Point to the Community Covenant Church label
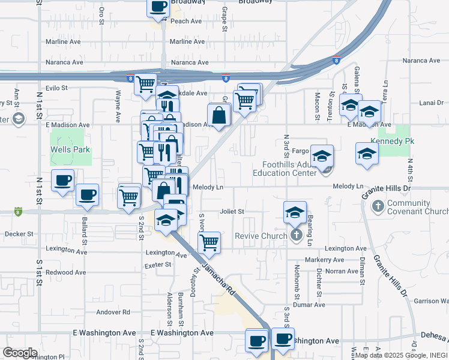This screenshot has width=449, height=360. tap(418, 207)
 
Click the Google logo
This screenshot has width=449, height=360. tap(20, 352)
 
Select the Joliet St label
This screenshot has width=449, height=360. tap(232, 211)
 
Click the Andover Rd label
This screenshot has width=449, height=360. tap(113, 312)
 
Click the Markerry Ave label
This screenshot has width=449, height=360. tap(324, 260)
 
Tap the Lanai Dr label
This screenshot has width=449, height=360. tap(431, 103)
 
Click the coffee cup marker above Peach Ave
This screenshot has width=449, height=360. tap(158, 7)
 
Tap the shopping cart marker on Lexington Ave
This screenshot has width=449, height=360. tap(209, 242)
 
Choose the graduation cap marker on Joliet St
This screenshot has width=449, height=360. tap(295, 212)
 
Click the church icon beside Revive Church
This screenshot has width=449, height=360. tap(295, 235)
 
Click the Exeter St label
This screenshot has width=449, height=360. tap(158, 264)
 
